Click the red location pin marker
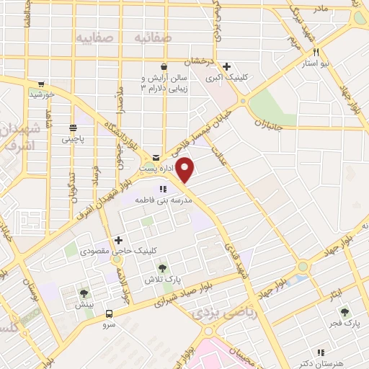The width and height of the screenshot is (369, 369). point(185,171)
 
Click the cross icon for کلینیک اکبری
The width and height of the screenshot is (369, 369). point(226,66)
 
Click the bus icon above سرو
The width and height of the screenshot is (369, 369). point(109,314)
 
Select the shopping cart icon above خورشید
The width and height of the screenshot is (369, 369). point(41,84)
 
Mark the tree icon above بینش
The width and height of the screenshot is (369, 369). point(84,293)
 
